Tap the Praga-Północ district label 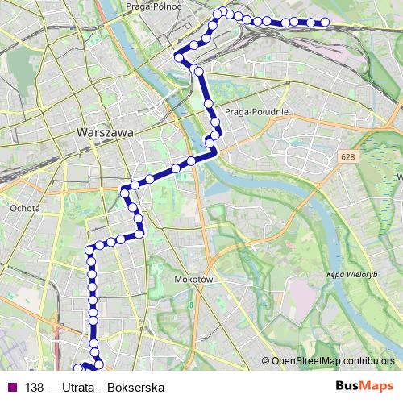(x=152, y=6)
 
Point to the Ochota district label (x=19, y=206)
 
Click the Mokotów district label (x=192, y=279)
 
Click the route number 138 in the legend (x=35, y=387)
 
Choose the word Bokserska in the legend (x=138, y=387)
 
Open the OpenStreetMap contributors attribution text (x=332, y=360)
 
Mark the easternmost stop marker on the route (x=325, y=23)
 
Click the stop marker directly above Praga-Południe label (x=209, y=103)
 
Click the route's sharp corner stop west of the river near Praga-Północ (x=180, y=57)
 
